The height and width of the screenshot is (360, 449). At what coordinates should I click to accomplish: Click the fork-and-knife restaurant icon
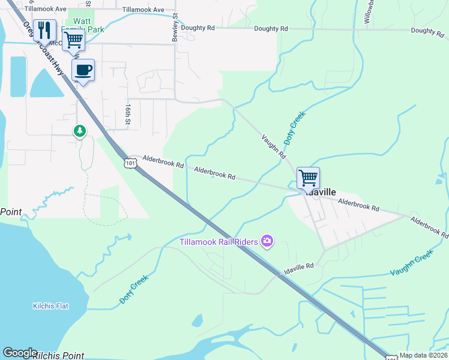click(x=45, y=29)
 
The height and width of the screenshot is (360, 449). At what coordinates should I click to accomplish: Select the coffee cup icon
click(x=83, y=70)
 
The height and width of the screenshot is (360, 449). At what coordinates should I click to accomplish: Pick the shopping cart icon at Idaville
click(x=308, y=177)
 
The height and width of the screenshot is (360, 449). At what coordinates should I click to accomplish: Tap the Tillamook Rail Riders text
click(x=218, y=242)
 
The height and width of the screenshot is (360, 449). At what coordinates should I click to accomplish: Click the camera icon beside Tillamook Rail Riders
click(x=267, y=242)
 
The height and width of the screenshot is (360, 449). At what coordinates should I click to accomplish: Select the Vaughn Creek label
click(x=411, y=263)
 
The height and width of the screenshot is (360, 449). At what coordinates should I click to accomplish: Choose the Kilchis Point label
click(x=58, y=355)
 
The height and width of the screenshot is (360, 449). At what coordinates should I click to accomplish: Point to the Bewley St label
click(x=175, y=25)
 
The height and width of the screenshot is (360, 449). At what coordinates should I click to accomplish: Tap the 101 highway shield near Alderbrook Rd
click(x=130, y=163)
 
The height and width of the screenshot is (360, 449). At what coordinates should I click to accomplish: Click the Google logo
click(x=20, y=353)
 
